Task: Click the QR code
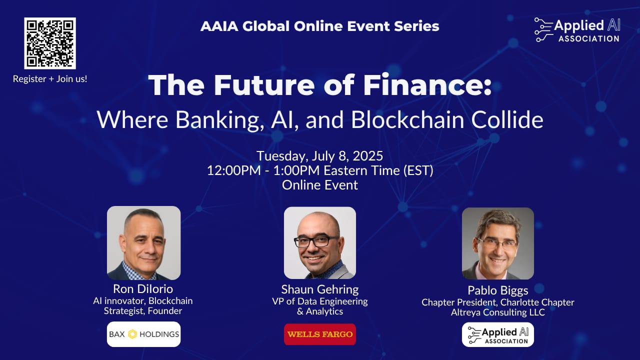(50, 43)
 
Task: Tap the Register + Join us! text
(50, 79)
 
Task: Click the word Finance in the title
(427, 85)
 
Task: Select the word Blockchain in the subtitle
(407, 119)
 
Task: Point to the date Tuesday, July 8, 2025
(319, 156)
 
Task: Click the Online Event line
(319, 185)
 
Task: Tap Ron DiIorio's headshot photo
(143, 243)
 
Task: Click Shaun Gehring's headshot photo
(320, 243)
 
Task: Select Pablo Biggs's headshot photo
(497, 243)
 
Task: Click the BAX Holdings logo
(143, 334)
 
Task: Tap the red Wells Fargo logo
(320, 334)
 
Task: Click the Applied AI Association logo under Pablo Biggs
(497, 335)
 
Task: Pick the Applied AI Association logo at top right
(577, 30)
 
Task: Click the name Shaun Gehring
(320, 289)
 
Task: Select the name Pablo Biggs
(497, 290)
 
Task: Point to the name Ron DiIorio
(143, 289)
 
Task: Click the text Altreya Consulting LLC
(497, 312)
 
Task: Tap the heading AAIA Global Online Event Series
(319, 26)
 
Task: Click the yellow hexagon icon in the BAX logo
(132, 334)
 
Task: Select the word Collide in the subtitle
(507, 119)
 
